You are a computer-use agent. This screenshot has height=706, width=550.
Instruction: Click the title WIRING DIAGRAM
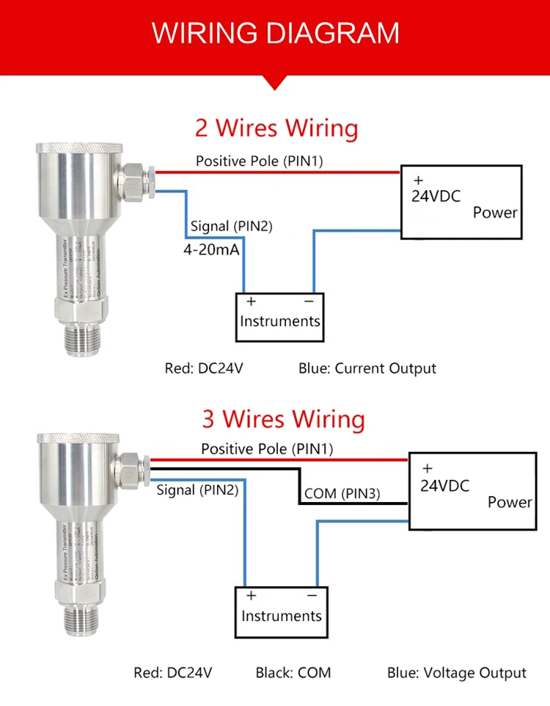click(275, 33)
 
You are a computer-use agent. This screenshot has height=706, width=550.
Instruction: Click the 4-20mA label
click(212, 250)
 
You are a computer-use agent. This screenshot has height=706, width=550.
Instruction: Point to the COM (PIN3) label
click(342, 494)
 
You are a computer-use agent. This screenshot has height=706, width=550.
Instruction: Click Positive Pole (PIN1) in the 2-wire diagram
click(259, 161)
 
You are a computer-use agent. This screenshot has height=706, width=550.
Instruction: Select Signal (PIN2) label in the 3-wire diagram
click(197, 490)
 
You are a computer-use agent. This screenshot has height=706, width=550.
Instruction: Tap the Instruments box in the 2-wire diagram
click(280, 317)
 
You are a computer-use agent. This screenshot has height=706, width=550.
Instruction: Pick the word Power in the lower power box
click(510, 503)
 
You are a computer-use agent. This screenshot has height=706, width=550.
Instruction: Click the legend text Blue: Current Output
click(367, 368)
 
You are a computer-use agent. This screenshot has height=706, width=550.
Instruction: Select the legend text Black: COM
click(293, 672)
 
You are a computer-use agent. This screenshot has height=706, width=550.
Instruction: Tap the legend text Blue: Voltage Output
click(456, 672)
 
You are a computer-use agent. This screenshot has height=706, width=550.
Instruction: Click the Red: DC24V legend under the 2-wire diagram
click(203, 368)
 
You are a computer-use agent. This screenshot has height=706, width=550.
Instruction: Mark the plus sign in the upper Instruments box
click(250, 301)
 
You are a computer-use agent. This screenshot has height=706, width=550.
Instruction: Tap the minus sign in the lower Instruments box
click(312, 594)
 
